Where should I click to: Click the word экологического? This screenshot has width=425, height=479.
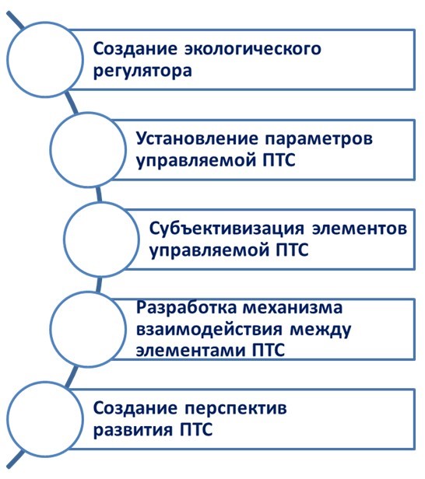252,49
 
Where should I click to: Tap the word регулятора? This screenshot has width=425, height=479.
142,72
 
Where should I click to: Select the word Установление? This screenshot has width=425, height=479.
197,138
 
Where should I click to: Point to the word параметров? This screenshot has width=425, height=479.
319,140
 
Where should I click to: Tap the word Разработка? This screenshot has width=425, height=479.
186,307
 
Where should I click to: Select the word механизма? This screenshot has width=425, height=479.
293,308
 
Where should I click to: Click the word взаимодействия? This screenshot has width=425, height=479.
209,330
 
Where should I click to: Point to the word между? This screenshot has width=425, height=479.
320,330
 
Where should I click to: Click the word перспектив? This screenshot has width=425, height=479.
235,409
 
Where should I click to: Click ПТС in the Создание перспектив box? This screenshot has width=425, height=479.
195,429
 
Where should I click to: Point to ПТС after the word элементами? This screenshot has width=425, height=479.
269,350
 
